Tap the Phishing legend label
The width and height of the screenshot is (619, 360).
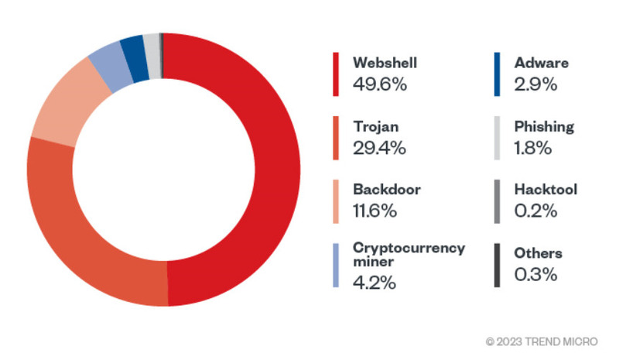[544, 125]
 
